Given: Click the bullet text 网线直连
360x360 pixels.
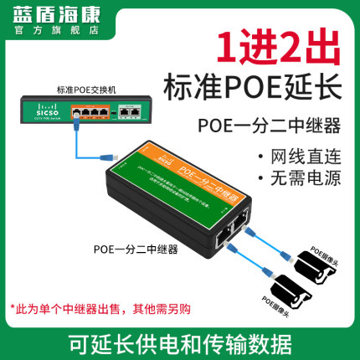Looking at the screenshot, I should (302, 157).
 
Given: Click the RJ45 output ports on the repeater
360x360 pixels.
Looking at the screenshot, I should (232, 236).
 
